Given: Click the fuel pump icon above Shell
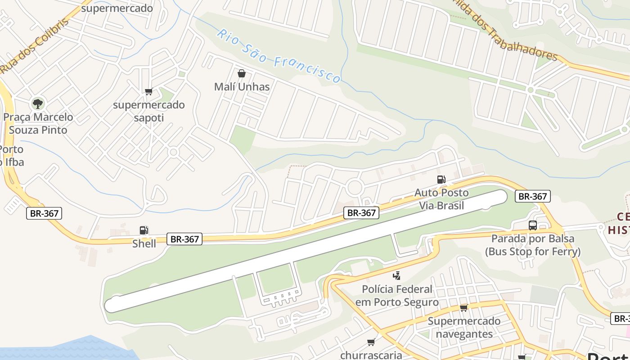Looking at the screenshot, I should (x=144, y=230).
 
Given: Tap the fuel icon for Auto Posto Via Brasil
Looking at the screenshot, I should (x=441, y=180).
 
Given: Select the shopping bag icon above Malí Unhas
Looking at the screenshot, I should (x=242, y=73).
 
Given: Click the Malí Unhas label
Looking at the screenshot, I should (x=242, y=87).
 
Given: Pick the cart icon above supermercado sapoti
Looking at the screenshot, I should (x=148, y=92).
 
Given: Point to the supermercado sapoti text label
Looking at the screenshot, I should (x=148, y=111).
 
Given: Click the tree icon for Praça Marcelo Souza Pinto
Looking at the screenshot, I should (x=38, y=104).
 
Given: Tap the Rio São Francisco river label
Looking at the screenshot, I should (x=279, y=56).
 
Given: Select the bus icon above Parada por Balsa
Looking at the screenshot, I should (x=533, y=225).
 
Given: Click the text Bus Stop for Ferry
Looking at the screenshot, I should (x=533, y=252).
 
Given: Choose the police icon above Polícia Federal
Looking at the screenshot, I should (x=396, y=275).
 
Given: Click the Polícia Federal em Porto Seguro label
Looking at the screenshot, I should (x=397, y=295).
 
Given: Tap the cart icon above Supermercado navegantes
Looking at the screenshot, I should (x=463, y=308).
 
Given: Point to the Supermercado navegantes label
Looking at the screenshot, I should (x=463, y=328).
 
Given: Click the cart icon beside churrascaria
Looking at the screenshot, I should (x=371, y=342).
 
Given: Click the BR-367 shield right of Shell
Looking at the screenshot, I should (x=184, y=239).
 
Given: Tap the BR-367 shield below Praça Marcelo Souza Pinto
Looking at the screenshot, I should (x=44, y=213).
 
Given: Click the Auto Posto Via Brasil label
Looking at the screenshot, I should (x=441, y=199).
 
